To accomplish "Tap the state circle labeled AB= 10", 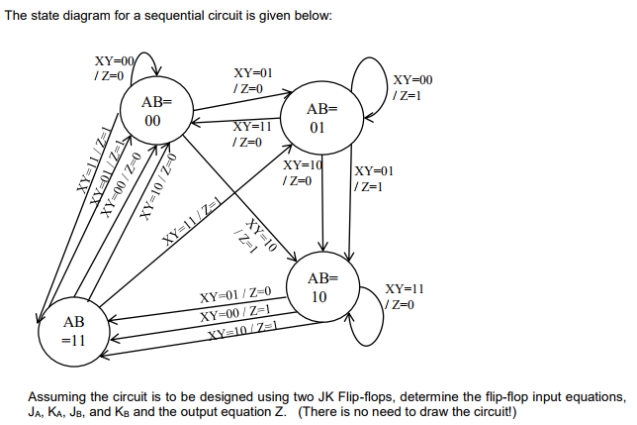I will (x=322, y=288).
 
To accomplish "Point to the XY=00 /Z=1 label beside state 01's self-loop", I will (x=411, y=86).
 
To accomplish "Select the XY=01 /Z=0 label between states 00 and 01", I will (x=253, y=81).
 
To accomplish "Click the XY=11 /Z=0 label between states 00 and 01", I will (x=251, y=135).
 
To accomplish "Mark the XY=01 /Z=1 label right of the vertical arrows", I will (x=374, y=178).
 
